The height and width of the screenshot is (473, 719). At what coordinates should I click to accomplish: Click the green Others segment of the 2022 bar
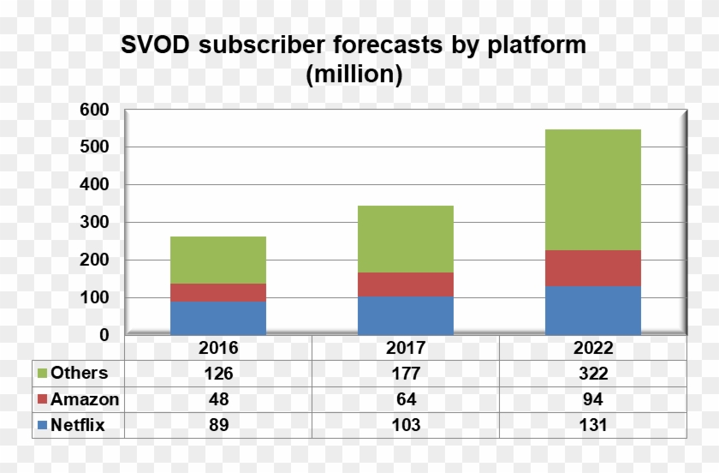592,189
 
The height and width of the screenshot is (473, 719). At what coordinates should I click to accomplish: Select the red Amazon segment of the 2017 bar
406,284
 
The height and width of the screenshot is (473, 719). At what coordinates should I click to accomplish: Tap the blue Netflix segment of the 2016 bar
218,318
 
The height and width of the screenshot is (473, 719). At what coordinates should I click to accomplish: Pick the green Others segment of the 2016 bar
218,260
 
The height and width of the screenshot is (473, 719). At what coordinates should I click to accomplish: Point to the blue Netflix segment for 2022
592,310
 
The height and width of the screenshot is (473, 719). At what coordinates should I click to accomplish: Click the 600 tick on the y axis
96,110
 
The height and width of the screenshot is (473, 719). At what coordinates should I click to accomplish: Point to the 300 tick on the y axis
96,223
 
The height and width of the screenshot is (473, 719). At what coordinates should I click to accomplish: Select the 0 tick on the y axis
104,335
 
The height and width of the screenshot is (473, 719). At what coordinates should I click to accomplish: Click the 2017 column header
406,349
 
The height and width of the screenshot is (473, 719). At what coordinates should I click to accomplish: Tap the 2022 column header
592,349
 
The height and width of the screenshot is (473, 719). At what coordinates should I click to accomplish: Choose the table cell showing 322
592,374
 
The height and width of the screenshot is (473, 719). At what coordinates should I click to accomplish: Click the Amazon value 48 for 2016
218,399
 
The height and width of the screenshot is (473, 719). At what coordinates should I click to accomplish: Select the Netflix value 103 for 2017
406,424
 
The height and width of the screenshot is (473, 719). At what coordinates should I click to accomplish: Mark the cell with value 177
406,374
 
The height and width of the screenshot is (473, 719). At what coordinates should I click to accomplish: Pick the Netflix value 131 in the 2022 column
592,424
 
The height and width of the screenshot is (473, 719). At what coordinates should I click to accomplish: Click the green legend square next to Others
42,374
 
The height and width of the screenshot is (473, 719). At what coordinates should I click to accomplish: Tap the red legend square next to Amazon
42,399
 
